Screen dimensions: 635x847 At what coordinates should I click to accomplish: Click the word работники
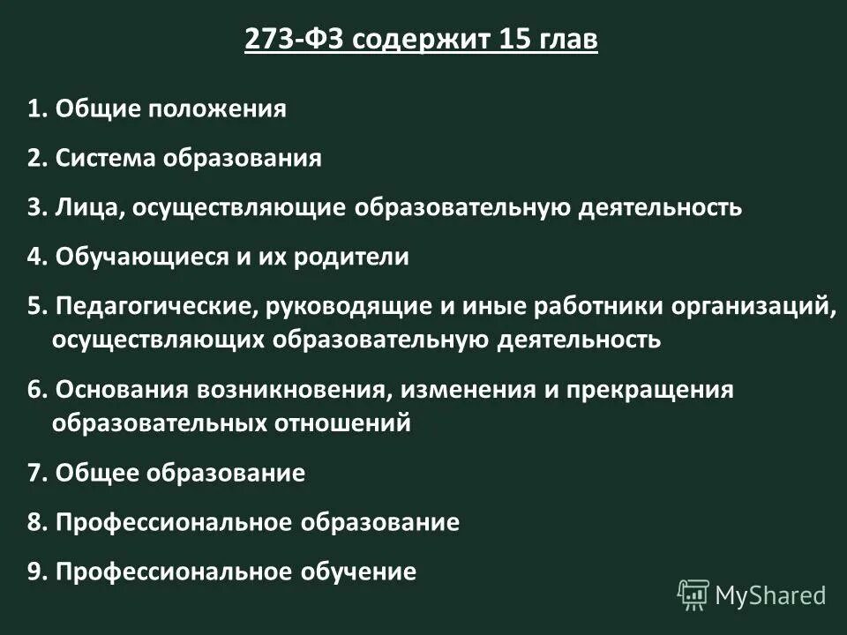(x=600, y=307)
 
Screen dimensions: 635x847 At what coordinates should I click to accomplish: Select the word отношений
(x=347, y=422)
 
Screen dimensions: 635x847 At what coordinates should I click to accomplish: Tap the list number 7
(x=35, y=473)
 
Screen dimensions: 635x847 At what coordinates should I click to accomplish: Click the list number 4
(x=35, y=258)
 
